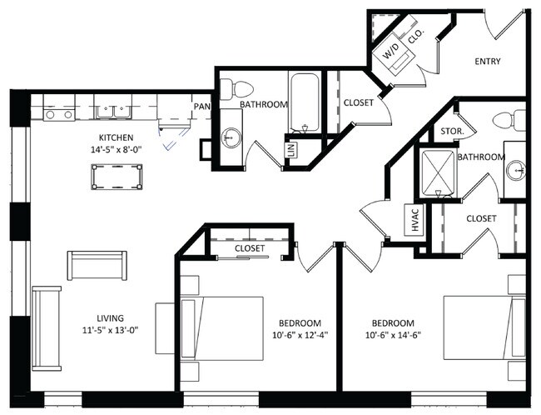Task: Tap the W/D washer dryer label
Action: pyautogui.click(x=391, y=51)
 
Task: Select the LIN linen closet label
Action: pyautogui.click(x=290, y=150)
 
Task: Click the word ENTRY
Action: pyautogui.click(x=488, y=62)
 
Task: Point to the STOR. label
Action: pyautogui.click(x=452, y=132)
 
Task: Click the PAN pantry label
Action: pyautogui.click(x=202, y=107)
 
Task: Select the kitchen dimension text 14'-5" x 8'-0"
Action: pyautogui.click(x=117, y=150)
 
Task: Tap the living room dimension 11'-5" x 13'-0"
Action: pyautogui.click(x=111, y=330)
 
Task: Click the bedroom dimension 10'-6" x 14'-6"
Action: pyautogui.click(x=393, y=335)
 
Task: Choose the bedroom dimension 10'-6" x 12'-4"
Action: pyautogui.click(x=300, y=335)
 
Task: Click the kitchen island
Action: pyautogui.click(x=117, y=177)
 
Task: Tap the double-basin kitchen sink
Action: pyautogui.click(x=113, y=112)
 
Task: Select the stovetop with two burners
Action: pyautogui.click(x=59, y=114)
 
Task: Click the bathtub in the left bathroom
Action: pyautogui.click(x=305, y=102)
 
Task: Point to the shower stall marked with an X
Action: pyautogui.click(x=438, y=172)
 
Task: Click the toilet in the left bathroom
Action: pyautogui.click(x=236, y=88)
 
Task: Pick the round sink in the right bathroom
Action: pyautogui.click(x=516, y=170)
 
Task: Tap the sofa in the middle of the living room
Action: pyautogui.click(x=97, y=265)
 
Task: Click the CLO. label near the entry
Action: pyautogui.click(x=416, y=36)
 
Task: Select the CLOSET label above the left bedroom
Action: pyautogui.click(x=250, y=248)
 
